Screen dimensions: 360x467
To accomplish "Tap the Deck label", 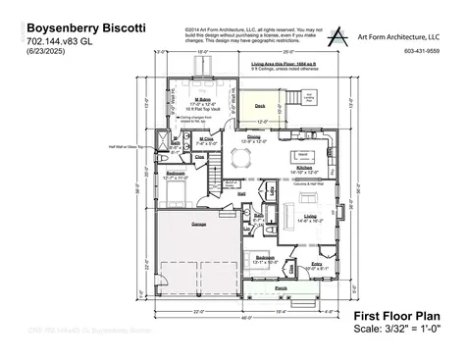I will point(260,105).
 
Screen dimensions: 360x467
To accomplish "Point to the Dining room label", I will point(253,136).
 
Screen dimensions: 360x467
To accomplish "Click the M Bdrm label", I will point(203,99).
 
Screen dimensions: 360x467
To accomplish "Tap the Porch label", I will point(281,288).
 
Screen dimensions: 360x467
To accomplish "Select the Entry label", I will point(317,263).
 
